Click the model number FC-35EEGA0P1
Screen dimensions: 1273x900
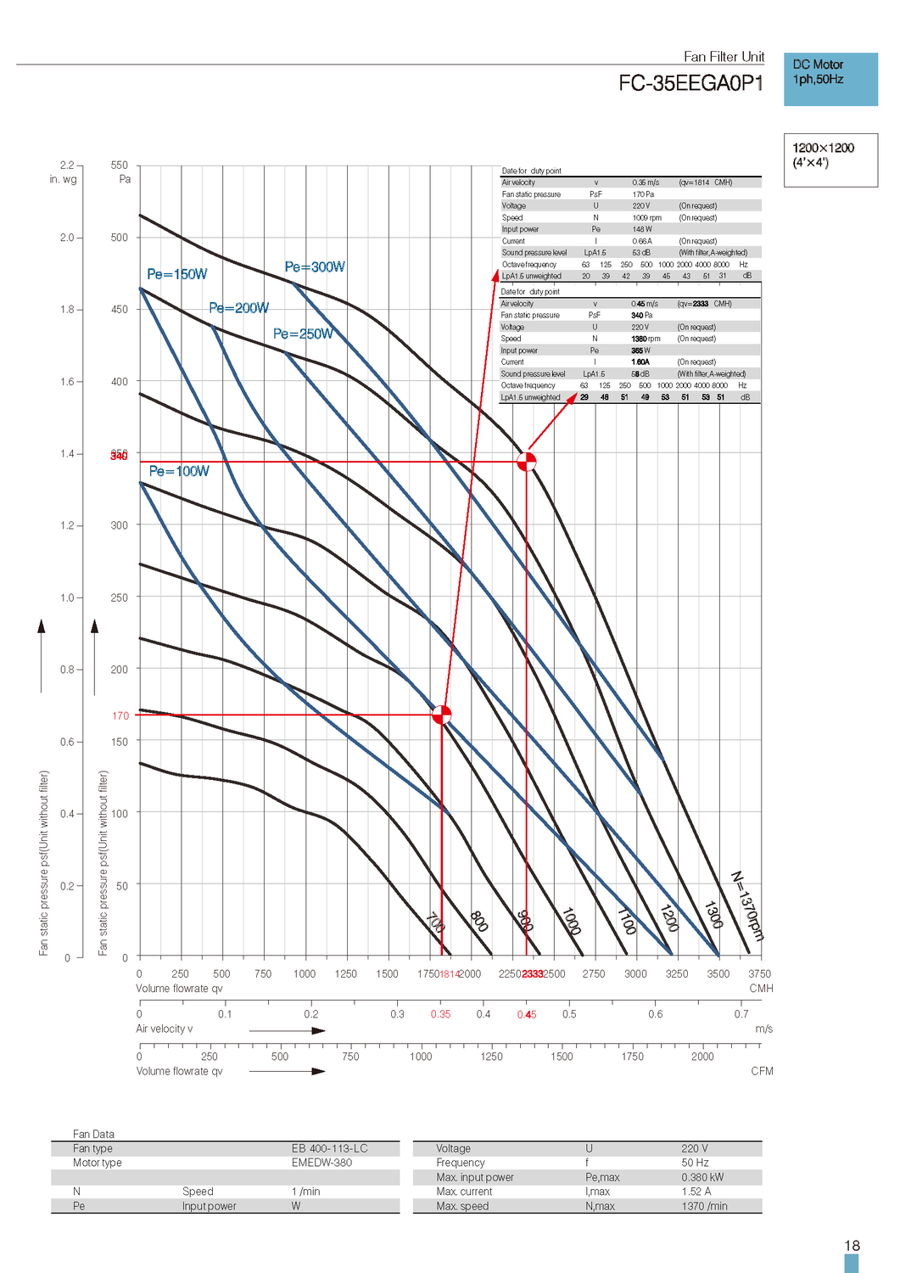pyautogui.click(x=690, y=83)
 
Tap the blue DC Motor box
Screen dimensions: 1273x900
pyautogui.click(x=830, y=79)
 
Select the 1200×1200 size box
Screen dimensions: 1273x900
pyautogui.click(x=830, y=159)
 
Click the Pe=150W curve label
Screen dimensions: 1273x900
pyautogui.click(x=176, y=274)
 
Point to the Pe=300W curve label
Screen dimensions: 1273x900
pyautogui.click(x=315, y=266)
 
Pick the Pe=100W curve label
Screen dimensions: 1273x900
pyautogui.click(x=179, y=471)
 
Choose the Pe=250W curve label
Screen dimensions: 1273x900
pyautogui.click(x=303, y=334)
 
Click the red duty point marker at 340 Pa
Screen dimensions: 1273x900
pyautogui.click(x=527, y=462)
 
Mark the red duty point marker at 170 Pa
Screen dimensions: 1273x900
pyautogui.click(x=441, y=715)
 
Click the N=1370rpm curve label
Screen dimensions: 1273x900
pyautogui.click(x=747, y=906)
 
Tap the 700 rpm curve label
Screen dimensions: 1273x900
pyautogui.click(x=435, y=922)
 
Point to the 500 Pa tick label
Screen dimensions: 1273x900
pyautogui.click(x=120, y=238)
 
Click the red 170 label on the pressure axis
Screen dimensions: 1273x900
pyautogui.click(x=120, y=715)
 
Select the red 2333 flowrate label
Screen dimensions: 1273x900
pyautogui.click(x=533, y=973)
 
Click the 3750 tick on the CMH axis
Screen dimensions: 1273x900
pyautogui.click(x=759, y=973)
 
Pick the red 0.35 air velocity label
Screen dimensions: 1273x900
pyautogui.click(x=440, y=1014)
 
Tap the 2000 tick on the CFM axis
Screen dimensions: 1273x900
pyautogui.click(x=702, y=1057)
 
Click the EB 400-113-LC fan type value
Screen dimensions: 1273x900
pyautogui.click(x=330, y=1148)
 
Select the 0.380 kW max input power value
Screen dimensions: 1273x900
pyautogui.click(x=702, y=1177)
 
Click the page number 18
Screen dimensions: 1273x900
pyautogui.click(x=852, y=1246)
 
